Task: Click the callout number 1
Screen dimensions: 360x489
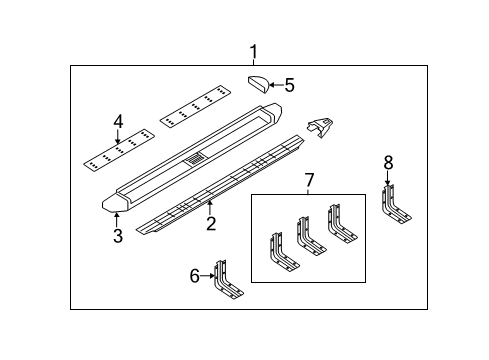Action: click(253, 52)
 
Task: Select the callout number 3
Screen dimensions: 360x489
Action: click(117, 236)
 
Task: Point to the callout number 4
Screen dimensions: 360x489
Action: click(118, 122)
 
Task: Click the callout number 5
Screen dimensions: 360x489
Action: click(290, 85)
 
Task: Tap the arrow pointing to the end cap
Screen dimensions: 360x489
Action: click(274, 85)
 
